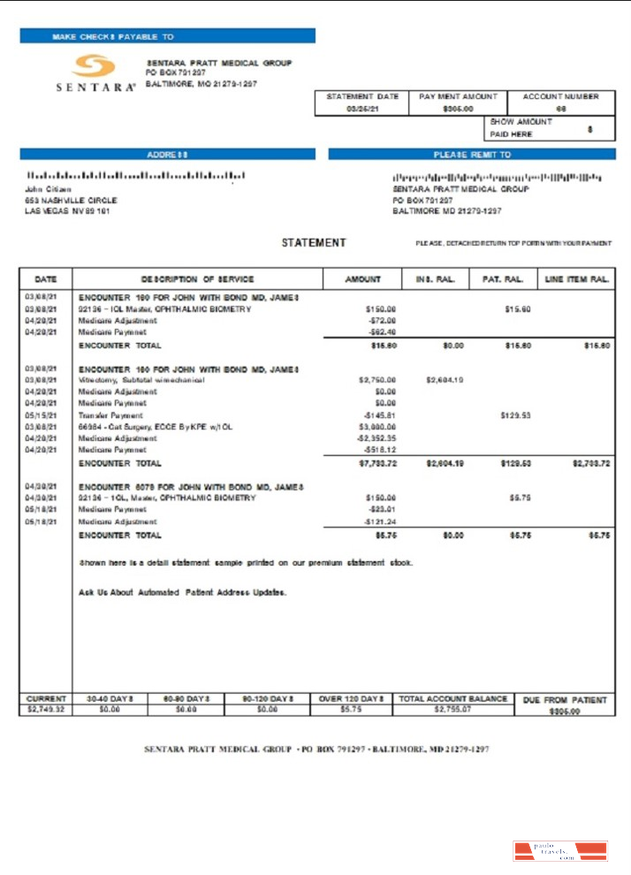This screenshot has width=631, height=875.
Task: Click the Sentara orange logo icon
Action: [94, 67]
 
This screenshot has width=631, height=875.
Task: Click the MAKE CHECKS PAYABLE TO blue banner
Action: [167, 36]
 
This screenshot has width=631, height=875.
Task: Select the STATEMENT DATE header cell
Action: [362, 96]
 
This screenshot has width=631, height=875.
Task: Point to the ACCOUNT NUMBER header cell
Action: [560, 96]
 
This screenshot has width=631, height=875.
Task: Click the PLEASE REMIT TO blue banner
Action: [471, 154]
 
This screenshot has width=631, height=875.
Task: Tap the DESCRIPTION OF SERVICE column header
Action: [197, 279]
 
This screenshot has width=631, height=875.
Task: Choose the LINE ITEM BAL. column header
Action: [577, 279]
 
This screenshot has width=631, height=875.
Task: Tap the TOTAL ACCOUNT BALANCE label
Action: [452, 698]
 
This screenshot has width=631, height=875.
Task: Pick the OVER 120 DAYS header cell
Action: [351, 698]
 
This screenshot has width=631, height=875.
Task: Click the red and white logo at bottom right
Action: [559, 851]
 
